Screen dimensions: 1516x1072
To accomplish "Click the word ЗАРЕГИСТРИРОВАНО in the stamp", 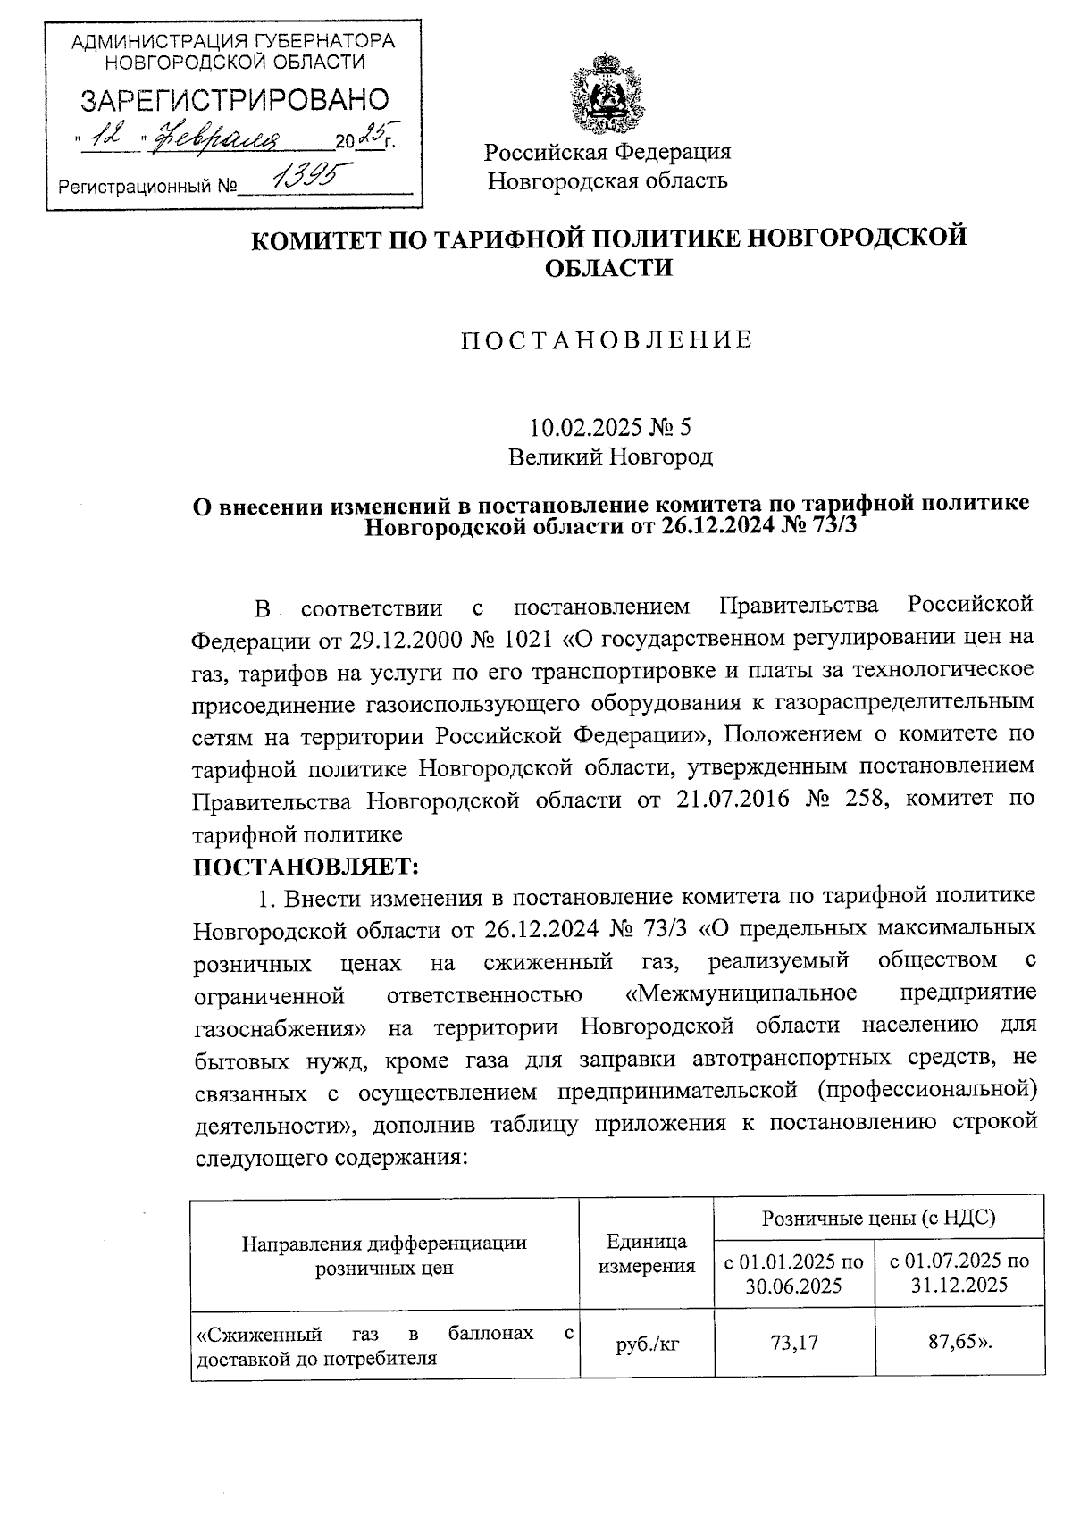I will click(235, 101).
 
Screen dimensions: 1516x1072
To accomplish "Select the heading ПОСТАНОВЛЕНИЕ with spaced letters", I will click(607, 339).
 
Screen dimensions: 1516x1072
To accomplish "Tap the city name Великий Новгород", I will click(611, 457).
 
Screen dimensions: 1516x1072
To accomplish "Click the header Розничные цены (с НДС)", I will click(878, 1218).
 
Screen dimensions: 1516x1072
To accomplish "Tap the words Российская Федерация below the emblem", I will click(607, 152).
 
